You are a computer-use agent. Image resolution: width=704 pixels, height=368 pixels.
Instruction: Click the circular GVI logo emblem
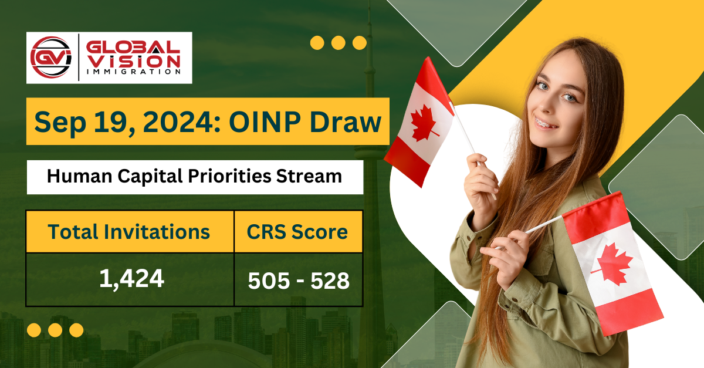pyautogui.click(x=51, y=58)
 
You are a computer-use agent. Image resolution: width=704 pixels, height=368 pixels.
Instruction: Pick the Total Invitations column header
pyautogui.click(x=129, y=232)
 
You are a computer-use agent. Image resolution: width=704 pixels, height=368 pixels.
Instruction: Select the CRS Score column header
pyautogui.click(x=298, y=232)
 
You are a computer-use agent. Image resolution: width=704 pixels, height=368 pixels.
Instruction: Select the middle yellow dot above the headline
pyautogui.click(x=338, y=43)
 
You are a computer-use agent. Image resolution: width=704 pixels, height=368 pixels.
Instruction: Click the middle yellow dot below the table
pyautogui.click(x=55, y=330)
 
